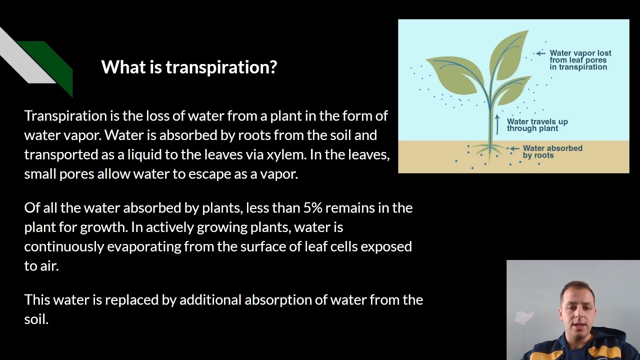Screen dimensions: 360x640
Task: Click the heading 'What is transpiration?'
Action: coord(189,66)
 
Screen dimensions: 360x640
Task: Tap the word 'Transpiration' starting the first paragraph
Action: coord(65,116)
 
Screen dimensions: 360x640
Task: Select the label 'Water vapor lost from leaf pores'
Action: coord(580,60)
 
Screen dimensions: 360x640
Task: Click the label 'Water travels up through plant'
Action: coord(537,125)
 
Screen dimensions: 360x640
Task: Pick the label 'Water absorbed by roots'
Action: coord(552,151)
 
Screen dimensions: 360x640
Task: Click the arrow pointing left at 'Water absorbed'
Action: coord(514,148)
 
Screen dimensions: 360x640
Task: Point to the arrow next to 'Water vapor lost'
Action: coord(540,53)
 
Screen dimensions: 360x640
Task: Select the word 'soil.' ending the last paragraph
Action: coord(36,319)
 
